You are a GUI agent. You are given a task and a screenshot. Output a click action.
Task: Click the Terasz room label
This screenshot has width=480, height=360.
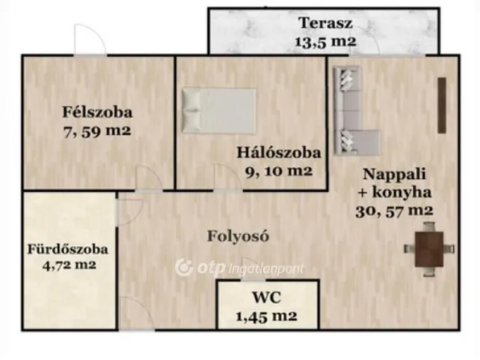(321, 22)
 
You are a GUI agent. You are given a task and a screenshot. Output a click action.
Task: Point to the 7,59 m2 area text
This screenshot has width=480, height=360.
(97, 131)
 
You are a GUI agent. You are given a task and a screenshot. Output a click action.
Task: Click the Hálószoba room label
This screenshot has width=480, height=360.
(278, 152)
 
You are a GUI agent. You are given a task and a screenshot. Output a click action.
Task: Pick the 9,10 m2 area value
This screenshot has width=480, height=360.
(278, 170)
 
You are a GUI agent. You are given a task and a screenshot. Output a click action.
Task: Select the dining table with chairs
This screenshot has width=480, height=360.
(428, 249)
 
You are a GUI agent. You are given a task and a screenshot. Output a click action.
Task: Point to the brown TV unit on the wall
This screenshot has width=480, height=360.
(442, 106)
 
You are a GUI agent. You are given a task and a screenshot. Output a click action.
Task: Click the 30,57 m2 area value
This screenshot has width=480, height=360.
(394, 211)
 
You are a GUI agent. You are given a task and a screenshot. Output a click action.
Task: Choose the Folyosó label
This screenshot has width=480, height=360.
(238, 235)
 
